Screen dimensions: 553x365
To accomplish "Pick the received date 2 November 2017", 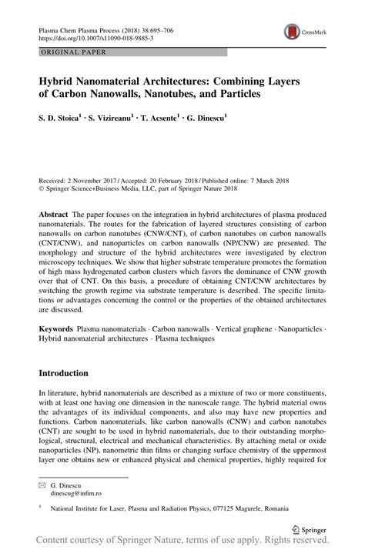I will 100,177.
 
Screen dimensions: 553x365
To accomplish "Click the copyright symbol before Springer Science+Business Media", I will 41,185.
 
